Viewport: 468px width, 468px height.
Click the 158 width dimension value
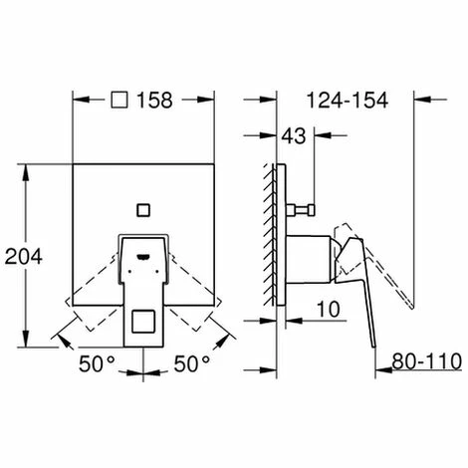pyautogui.click(x=156, y=100)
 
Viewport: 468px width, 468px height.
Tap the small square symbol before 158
pyautogui.click(x=119, y=100)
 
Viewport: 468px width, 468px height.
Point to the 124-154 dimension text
pyautogui.click(x=347, y=100)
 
